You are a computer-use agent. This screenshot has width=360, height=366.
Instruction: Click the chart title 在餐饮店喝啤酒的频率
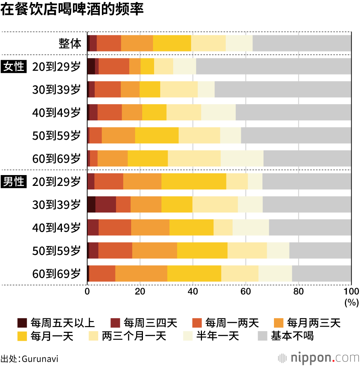pyautogui.click(x=72, y=10)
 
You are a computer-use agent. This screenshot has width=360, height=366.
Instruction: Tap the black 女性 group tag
pyautogui.click(x=14, y=67)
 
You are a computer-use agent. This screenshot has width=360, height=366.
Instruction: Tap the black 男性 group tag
pyautogui.click(x=14, y=182)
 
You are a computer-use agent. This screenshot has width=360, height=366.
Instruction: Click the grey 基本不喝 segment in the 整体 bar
pyautogui.click(x=302, y=44)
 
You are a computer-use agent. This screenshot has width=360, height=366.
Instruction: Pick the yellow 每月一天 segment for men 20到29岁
pyautogui.click(x=194, y=182)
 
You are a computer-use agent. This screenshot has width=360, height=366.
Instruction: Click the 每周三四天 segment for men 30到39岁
pyautogui.click(x=106, y=205)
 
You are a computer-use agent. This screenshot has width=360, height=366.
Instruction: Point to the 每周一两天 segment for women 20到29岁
pyautogui.click(x=114, y=67)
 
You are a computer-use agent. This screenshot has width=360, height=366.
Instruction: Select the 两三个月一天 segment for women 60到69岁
pyautogui.click(x=194, y=159)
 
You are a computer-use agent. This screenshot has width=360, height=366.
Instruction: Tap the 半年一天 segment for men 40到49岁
pyautogui.click(x=251, y=228)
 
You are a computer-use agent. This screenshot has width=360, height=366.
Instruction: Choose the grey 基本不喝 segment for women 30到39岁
pyautogui.click(x=283, y=90)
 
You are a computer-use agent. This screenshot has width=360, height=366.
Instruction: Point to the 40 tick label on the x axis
pyautogui.click(x=193, y=291)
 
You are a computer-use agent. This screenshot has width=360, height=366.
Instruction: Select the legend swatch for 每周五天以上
pyautogui.click(x=22, y=322)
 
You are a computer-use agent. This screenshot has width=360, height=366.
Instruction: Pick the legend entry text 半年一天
pyautogui.click(x=217, y=336)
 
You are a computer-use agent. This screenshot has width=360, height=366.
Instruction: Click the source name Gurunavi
pyautogui.click(x=40, y=359)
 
